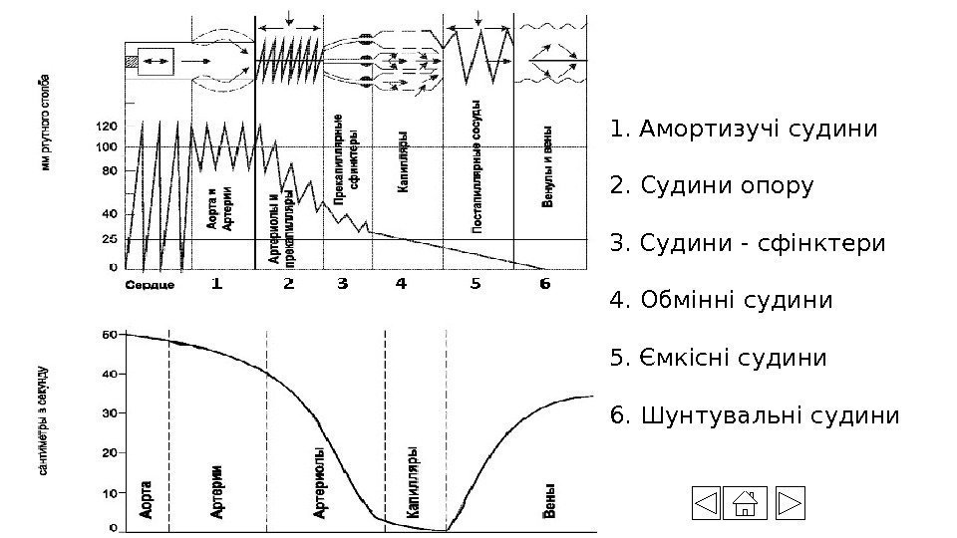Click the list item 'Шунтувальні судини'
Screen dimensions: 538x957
pyautogui.click(x=754, y=413)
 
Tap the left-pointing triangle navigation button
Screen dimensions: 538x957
pyautogui.click(x=706, y=504)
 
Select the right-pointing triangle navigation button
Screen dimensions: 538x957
pyautogui.click(x=789, y=504)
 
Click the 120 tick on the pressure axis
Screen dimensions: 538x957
pyautogui.click(x=105, y=127)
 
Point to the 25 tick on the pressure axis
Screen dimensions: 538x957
pyautogui.click(x=109, y=239)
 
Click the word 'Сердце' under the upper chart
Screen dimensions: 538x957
pyautogui.click(x=151, y=285)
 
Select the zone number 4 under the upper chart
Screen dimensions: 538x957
pyautogui.click(x=402, y=284)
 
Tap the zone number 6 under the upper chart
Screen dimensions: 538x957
pyautogui.click(x=543, y=284)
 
